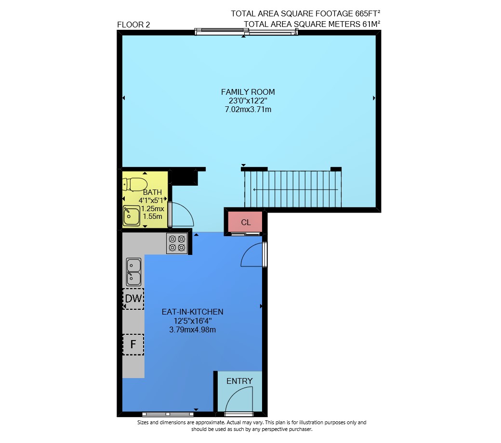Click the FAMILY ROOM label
tap(248, 92)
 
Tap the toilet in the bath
tap(135, 184)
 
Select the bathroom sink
tap(132, 215)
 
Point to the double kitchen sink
tap(133, 272)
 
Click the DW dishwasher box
tap(133, 299)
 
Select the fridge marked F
tap(133, 344)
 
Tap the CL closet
tap(245, 222)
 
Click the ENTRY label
tap(239, 381)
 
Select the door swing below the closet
tap(247, 251)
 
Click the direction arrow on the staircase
tap(296, 190)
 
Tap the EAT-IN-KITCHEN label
tap(192, 312)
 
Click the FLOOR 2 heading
tap(133, 25)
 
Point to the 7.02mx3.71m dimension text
tap(248, 109)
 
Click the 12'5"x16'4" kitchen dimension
tap(192, 321)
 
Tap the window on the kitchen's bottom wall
tap(168, 414)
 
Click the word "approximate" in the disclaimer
tap(209, 423)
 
